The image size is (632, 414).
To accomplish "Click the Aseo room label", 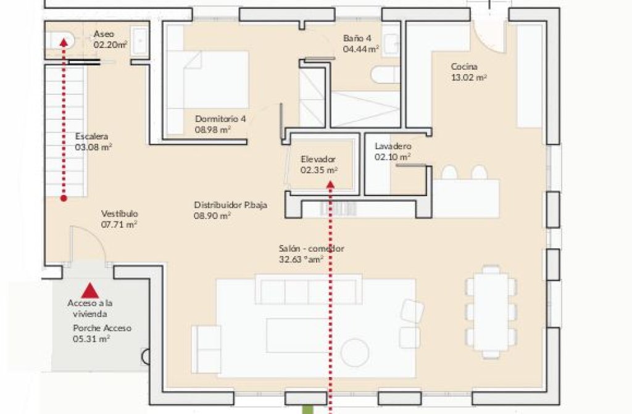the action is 104,34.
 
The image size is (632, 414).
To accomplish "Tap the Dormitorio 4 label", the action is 220,119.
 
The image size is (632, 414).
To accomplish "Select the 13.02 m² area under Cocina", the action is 469,77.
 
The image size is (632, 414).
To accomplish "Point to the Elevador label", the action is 318,159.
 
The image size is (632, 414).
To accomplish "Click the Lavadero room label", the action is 393,146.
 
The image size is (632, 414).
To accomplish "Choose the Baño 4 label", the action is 357,38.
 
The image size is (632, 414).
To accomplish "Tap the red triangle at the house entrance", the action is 90,290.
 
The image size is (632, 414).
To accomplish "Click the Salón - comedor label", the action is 311,248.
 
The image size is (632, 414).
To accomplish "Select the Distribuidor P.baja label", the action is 231,205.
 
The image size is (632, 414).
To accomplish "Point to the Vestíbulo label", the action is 119,213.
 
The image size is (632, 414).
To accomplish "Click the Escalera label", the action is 91,136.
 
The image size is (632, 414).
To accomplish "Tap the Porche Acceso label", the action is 102,328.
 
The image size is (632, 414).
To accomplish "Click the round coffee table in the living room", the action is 355,353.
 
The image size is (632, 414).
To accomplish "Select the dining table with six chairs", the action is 491,312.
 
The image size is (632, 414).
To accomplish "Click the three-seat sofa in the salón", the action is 309,289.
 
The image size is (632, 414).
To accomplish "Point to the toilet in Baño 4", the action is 385,75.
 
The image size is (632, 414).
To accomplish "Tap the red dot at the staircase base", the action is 64,198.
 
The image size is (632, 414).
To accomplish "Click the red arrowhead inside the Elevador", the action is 331,184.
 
